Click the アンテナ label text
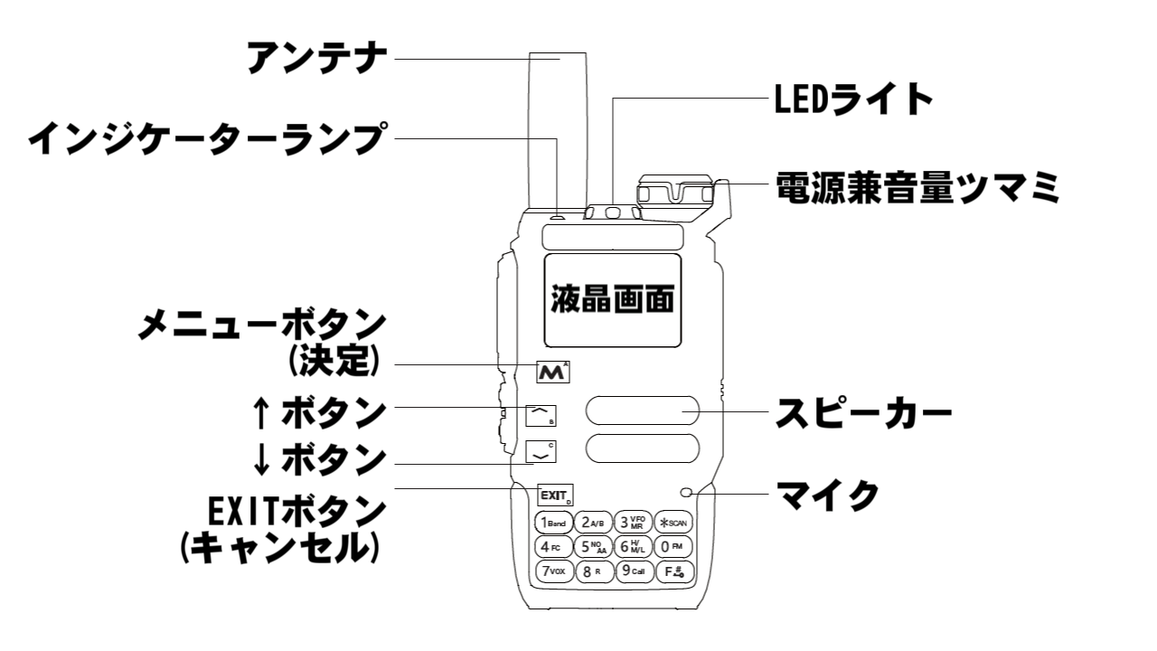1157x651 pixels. point(317,60)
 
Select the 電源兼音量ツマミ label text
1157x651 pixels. point(917,189)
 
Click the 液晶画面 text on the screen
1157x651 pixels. point(613,299)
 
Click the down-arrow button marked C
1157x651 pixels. point(541,452)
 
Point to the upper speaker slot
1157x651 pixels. point(642,410)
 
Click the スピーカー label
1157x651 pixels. point(864,415)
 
